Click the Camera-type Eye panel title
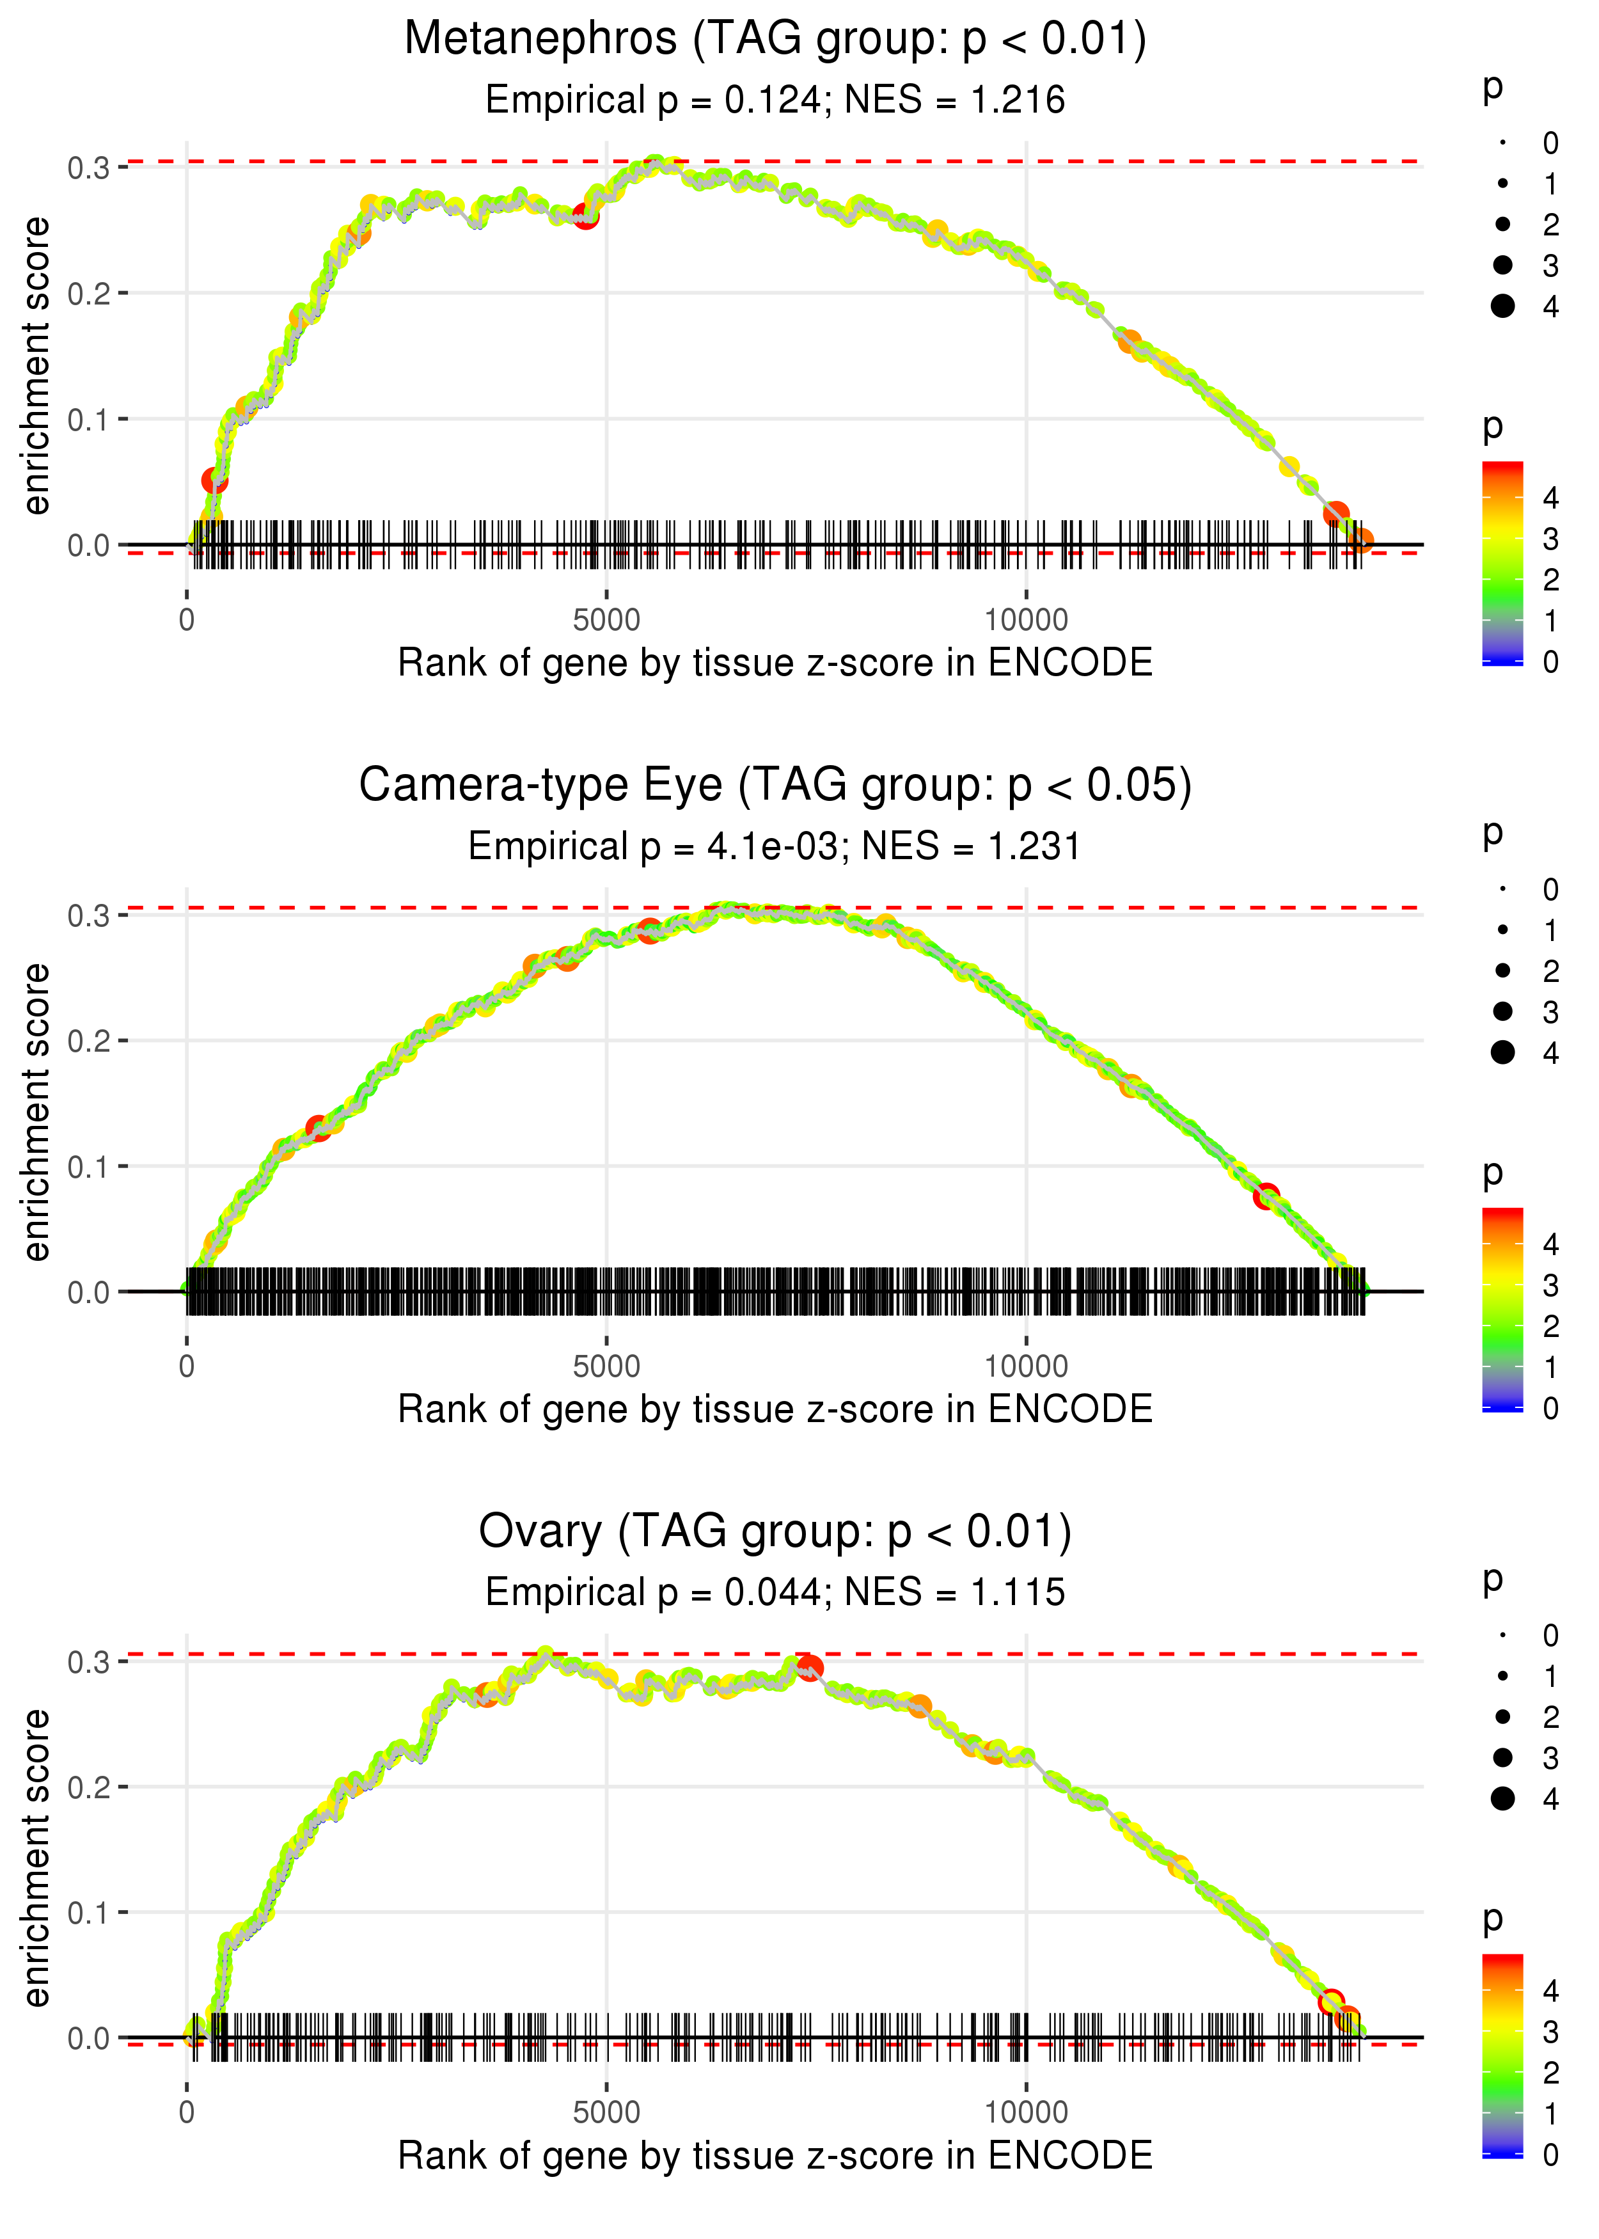tap(775, 786)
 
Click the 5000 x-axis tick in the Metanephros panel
tap(606, 621)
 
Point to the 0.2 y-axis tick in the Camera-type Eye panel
tap(89, 1041)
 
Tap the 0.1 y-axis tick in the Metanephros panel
tap(89, 420)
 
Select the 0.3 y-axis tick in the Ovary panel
tap(89, 1662)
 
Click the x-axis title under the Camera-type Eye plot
tap(775, 1409)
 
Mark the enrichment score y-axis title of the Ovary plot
tap(36, 1857)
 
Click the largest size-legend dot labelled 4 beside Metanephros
tap(1502, 306)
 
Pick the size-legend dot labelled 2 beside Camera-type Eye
tap(1502, 971)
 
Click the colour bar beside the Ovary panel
tap(1502, 2055)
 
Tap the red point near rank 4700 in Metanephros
tap(586, 216)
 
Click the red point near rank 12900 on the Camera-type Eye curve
tap(1266, 1196)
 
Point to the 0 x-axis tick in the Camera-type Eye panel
tap(187, 1366)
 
